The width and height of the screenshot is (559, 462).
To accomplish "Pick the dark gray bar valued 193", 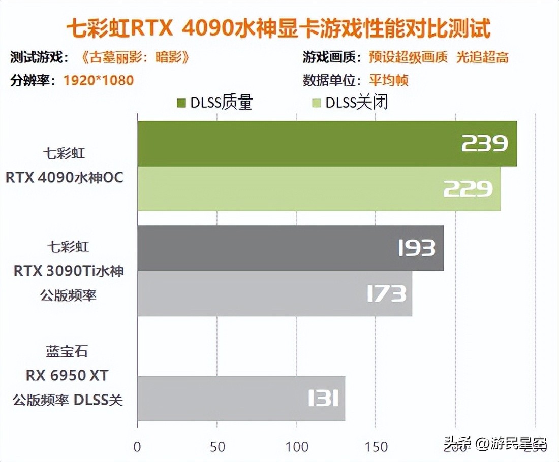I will (290, 248).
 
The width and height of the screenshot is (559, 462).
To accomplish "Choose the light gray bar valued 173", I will (274, 293).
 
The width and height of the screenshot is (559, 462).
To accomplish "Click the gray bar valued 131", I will (241, 398).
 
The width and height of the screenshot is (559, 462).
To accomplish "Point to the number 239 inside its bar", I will (484, 144).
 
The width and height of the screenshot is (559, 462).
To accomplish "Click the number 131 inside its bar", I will (323, 399).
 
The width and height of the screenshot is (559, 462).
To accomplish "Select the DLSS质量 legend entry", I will (215, 103).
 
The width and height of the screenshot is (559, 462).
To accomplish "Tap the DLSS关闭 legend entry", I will (351, 103).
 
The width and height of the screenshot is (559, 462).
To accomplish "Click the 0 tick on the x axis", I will (137, 447).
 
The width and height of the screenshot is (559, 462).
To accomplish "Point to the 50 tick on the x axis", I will (217, 447).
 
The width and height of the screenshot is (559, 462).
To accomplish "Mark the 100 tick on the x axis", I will (297, 447).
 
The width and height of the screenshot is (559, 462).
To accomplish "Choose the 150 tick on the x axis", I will (377, 447).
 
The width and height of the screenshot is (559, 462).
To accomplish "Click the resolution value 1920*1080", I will (99, 80).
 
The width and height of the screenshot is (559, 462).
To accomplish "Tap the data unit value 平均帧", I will (389, 80).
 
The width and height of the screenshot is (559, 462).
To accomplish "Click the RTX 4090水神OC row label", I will (65, 178).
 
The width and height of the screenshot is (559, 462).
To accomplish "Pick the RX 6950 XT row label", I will (68, 376).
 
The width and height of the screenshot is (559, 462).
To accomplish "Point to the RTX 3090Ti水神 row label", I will (69, 271).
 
